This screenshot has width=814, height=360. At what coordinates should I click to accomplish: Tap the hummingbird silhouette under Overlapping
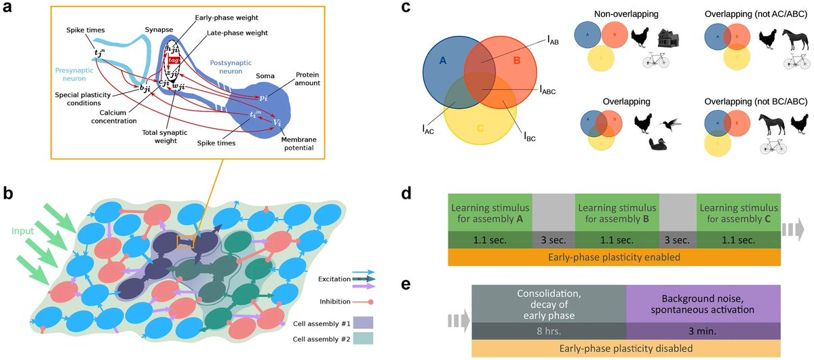point(670,121)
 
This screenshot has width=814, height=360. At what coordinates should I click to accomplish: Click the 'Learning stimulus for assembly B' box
point(617,212)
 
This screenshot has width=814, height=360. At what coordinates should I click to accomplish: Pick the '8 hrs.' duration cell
point(548,332)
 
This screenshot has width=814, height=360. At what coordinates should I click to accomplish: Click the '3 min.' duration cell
point(702,332)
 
